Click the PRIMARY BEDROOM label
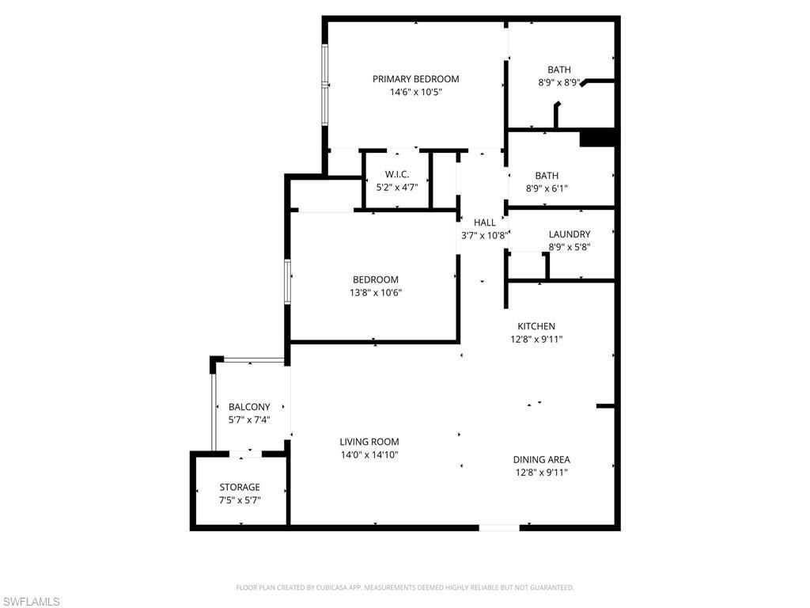click(415, 79)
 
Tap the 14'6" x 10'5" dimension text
click(415, 92)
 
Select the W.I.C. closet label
click(397, 174)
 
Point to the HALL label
click(485, 223)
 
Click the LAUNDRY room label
click(570, 234)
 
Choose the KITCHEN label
click(536, 326)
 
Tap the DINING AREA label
click(541, 460)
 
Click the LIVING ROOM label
click(369, 442)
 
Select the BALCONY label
click(249, 407)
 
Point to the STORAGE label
click(240, 487)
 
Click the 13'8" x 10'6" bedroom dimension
click(376, 292)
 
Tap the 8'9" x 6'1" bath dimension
click(547, 188)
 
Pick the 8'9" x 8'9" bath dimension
click(558, 82)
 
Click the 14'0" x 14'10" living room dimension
click(369, 454)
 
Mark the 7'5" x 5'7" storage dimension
click(240, 500)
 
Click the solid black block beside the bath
click(598, 138)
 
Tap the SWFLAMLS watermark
click(31, 602)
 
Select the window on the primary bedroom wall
click(324, 83)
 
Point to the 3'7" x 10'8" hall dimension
click(483, 235)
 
